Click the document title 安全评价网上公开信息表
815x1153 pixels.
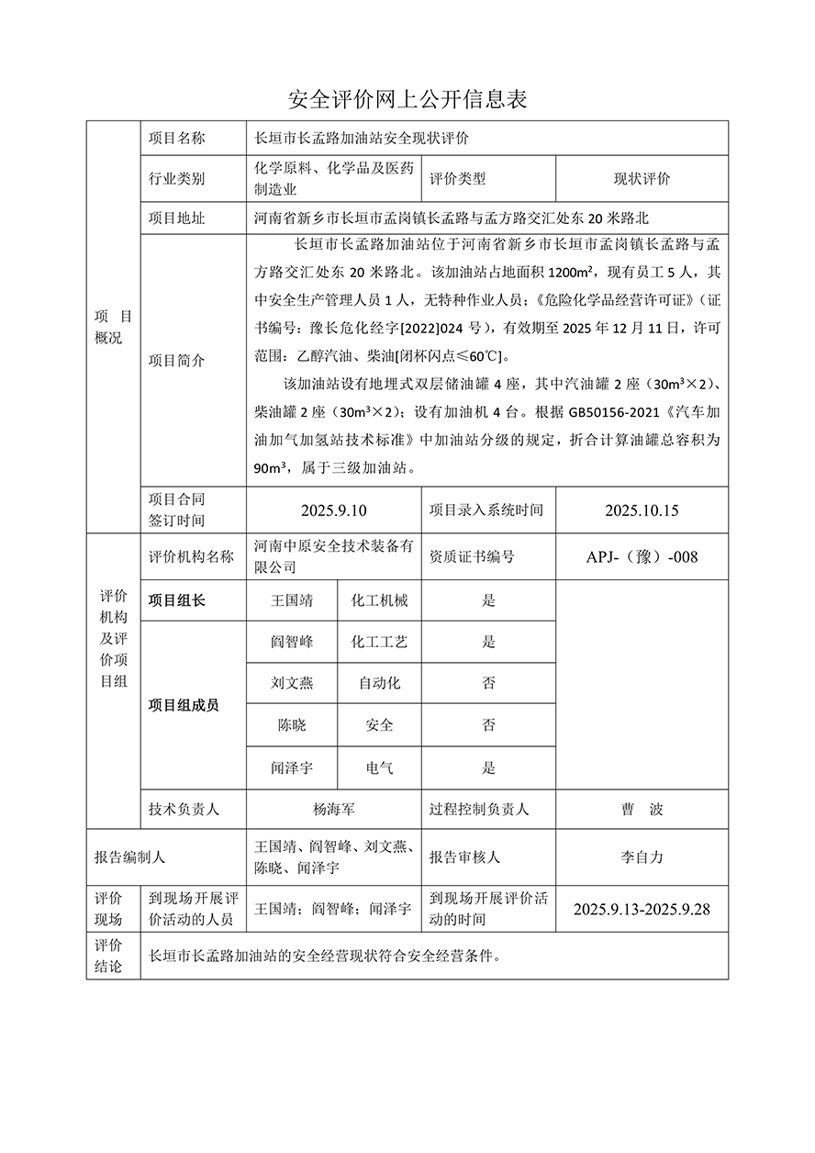[x=407, y=99]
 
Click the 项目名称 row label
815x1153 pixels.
[x=177, y=139]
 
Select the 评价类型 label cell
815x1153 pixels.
[x=457, y=179]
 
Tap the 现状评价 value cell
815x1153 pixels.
[x=642, y=179]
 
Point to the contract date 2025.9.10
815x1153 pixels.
[x=333, y=510]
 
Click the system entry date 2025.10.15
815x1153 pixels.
[x=642, y=510]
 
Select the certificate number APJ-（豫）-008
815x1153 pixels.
[x=642, y=556]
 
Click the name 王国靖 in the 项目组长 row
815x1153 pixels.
[x=292, y=601]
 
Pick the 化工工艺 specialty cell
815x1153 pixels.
[x=379, y=643]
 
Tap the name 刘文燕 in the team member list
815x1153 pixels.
[x=292, y=684]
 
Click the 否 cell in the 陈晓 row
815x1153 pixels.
[x=488, y=725]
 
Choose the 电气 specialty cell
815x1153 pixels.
[x=379, y=767]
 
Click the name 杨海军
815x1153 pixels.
[x=333, y=810]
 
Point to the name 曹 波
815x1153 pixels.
[x=642, y=810]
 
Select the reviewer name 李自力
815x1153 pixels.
[x=642, y=857]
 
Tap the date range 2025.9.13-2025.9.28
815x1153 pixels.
[x=642, y=910]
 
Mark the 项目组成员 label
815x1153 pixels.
[x=184, y=705]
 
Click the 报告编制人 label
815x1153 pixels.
[x=129, y=857]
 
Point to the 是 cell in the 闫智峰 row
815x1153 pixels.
[x=488, y=643]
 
